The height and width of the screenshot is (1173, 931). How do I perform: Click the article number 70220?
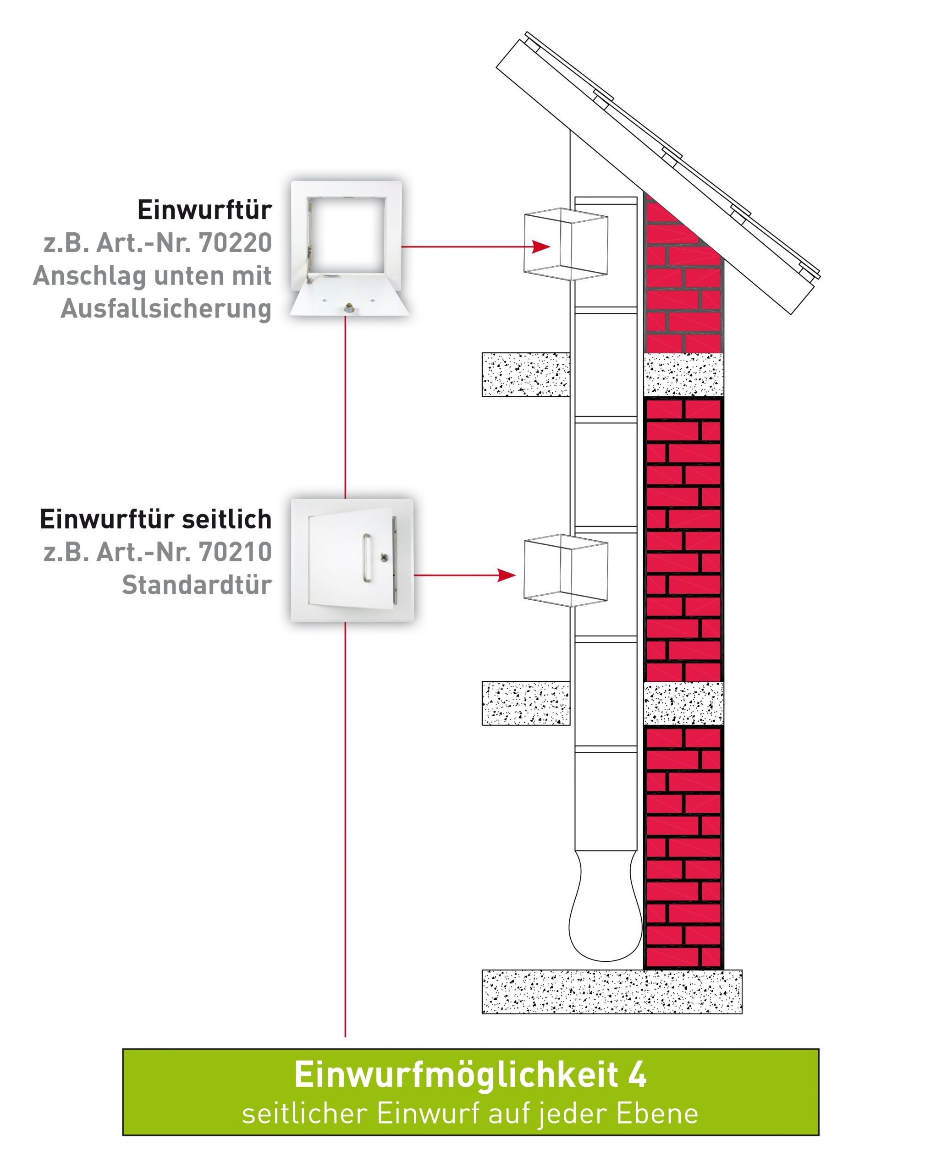(235, 243)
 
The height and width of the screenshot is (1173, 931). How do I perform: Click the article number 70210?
(235, 552)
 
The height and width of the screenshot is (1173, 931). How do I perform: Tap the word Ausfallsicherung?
(166, 309)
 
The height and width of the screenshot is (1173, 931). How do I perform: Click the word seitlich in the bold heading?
(226, 519)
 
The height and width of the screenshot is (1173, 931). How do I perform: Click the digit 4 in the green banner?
(638, 1074)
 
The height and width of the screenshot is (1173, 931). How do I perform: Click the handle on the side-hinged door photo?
(366, 559)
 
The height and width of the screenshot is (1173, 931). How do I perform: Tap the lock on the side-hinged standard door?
(385, 557)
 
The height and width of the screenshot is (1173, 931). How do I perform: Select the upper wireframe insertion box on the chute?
(566, 244)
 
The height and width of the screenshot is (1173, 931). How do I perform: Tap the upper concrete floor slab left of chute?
(526, 374)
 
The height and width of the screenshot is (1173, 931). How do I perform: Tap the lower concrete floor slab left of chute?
(526, 703)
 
